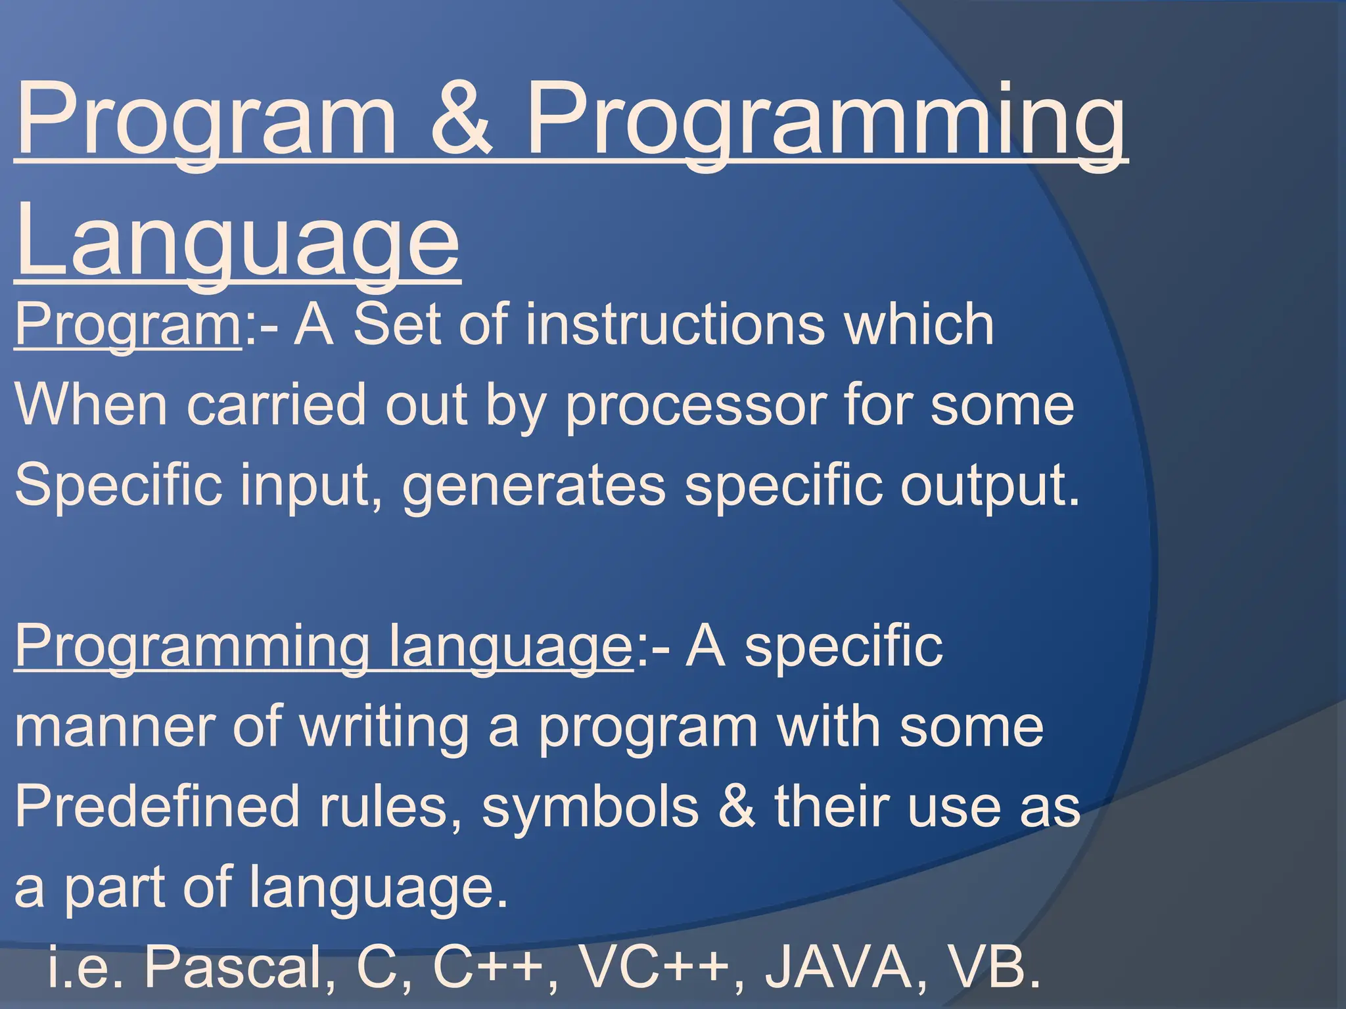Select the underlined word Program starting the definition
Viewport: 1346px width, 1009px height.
click(128, 325)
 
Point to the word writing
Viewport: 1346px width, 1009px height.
click(384, 727)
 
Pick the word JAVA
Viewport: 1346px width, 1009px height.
click(839, 968)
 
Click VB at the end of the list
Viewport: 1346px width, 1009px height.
click(996, 968)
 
